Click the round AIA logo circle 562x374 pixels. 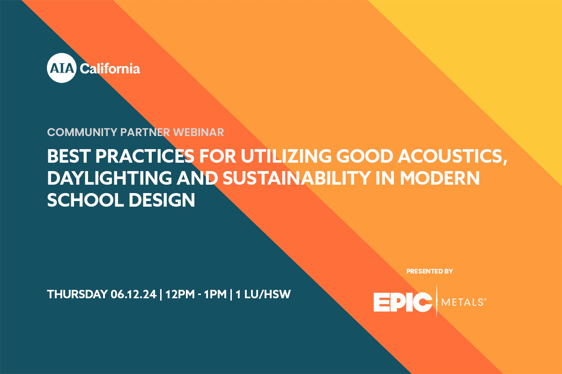point(61,68)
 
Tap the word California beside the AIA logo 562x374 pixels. point(110,69)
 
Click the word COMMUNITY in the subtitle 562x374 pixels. point(82,132)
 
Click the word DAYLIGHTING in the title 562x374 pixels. point(110,178)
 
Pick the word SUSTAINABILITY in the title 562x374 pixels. point(296,178)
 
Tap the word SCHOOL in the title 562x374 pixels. point(85,200)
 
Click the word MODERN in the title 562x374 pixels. point(440,178)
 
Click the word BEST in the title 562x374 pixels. point(68,156)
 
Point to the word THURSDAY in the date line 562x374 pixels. point(77,294)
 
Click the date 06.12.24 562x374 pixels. point(133,294)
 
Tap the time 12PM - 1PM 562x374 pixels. point(196,294)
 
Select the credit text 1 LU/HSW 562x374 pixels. point(263,294)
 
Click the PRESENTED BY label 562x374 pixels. point(429,271)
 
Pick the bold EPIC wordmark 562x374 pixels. point(403,302)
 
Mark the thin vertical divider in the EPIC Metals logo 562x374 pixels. point(437,301)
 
